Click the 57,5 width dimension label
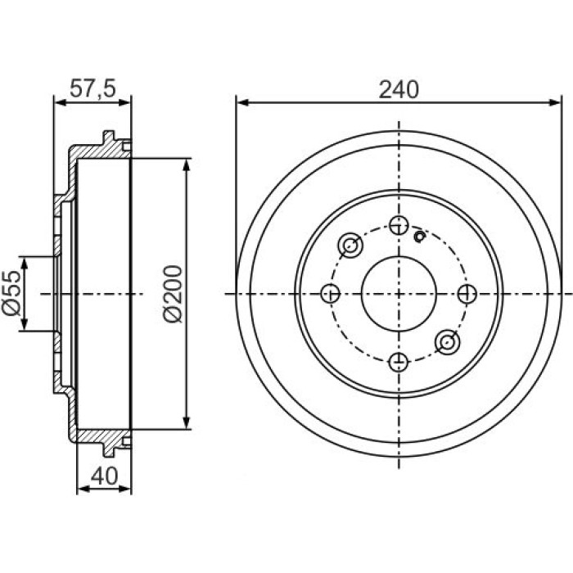point(92,88)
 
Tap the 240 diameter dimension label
point(399,90)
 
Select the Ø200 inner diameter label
point(173,294)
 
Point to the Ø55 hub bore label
point(11,293)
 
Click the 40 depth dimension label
point(104,476)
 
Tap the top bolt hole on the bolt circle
point(399,225)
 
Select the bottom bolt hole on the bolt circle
point(399,362)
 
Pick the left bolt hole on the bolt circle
point(331,293)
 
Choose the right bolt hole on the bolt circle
point(467,293)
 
